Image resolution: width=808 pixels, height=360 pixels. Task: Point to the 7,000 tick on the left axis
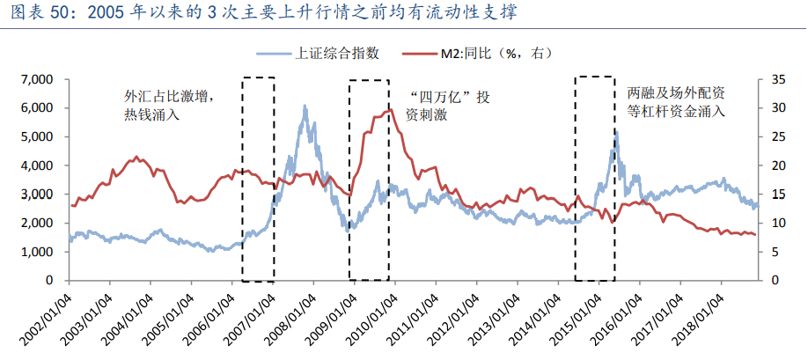(x=37, y=79)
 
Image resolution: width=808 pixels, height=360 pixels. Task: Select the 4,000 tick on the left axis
(x=37, y=165)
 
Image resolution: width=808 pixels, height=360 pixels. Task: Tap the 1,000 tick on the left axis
(x=37, y=252)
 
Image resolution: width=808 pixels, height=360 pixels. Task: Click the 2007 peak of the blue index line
(x=305, y=107)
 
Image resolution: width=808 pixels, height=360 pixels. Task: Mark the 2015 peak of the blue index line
(x=616, y=133)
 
